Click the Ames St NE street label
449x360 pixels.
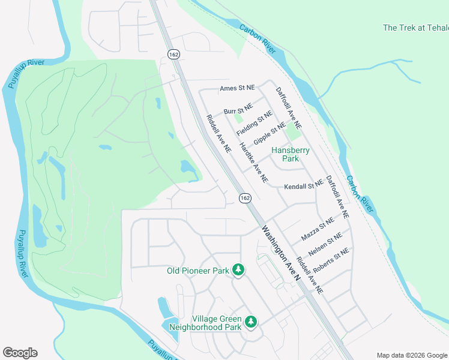(x=238, y=88)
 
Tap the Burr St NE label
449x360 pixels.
(x=238, y=110)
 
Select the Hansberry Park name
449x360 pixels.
(x=291, y=155)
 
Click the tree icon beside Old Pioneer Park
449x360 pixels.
(x=238, y=271)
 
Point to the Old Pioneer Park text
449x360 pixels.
(x=198, y=271)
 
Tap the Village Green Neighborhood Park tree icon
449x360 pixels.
(x=250, y=323)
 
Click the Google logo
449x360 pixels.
(x=20, y=353)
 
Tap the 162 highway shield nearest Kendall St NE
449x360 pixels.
(x=245, y=198)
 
